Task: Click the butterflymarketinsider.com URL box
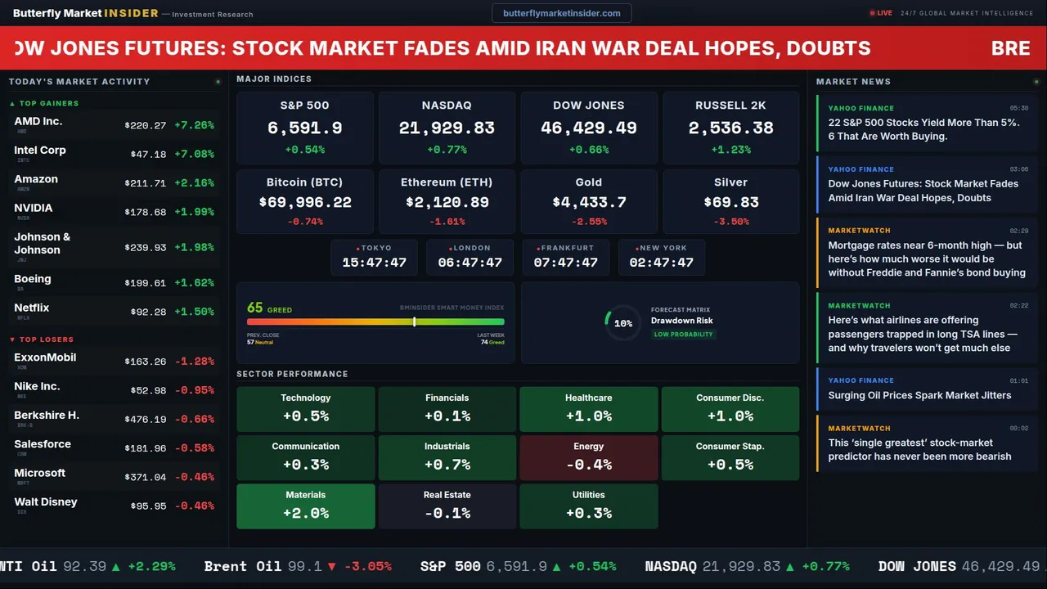(x=561, y=13)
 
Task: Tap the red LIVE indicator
(x=881, y=13)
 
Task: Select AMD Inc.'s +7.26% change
(x=194, y=125)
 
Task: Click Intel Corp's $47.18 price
(x=148, y=154)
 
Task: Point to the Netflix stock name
(x=32, y=308)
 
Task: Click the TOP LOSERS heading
(x=46, y=339)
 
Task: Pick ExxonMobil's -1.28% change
(x=194, y=361)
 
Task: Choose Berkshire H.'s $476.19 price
(x=145, y=419)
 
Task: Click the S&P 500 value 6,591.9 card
(x=305, y=128)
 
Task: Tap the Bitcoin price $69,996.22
(x=305, y=202)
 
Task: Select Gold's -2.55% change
(x=589, y=222)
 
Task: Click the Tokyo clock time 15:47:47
(x=374, y=263)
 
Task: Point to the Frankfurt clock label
(x=567, y=248)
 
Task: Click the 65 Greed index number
(x=255, y=308)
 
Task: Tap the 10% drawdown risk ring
(x=622, y=323)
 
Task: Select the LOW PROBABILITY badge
(x=683, y=335)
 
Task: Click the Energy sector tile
(x=589, y=457)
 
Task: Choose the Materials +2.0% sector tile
(x=306, y=506)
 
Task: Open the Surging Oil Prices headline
(x=919, y=395)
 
